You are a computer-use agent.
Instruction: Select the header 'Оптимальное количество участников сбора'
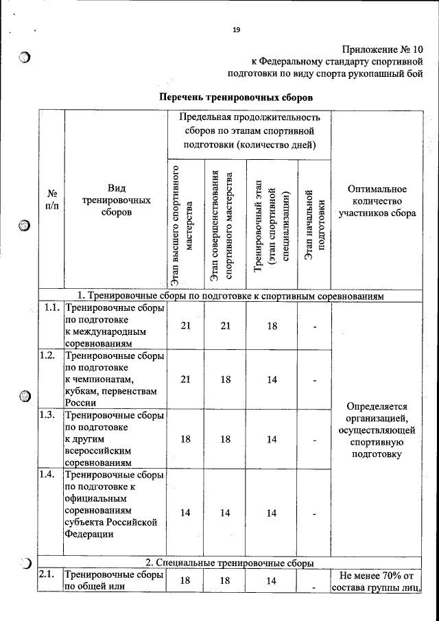377,200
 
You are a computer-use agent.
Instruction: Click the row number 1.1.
51,308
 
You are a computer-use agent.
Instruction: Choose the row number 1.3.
47,415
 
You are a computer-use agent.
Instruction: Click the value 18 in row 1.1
272,326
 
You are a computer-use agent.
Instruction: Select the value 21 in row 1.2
185,379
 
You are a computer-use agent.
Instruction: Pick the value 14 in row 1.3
272,439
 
